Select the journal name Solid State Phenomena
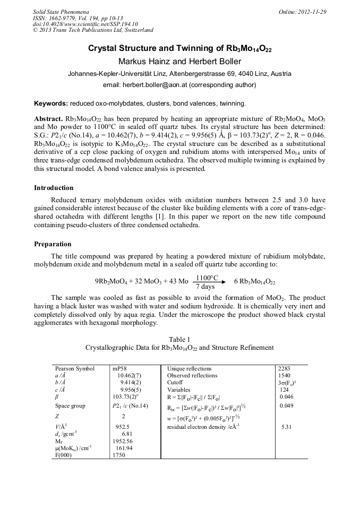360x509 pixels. [x=61, y=12]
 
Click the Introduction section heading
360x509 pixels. [x=54, y=188]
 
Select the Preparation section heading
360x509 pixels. [x=53, y=244]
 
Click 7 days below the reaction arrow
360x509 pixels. [x=205, y=287]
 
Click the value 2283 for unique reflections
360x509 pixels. [x=285, y=368]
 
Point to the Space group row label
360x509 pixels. [x=70, y=406]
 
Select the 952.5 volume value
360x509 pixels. [x=123, y=426]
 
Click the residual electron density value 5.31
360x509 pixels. [x=287, y=426]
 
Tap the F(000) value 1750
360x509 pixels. [x=119, y=455]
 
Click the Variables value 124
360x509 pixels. [x=284, y=389]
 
